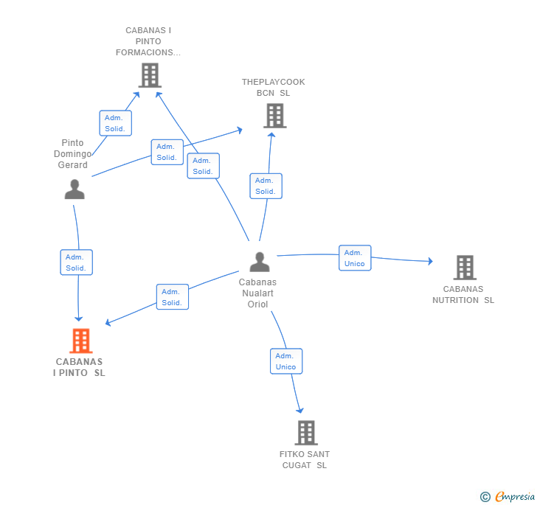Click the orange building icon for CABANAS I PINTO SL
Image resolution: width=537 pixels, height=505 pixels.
tap(81, 341)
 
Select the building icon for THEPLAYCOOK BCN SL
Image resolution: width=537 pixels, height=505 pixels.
tap(275, 116)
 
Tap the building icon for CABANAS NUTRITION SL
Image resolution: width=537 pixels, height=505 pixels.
tap(465, 268)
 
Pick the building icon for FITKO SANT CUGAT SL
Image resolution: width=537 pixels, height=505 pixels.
tap(306, 433)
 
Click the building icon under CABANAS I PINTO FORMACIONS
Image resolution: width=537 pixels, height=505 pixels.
tap(150, 75)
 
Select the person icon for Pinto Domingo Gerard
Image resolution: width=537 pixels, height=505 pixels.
tap(75, 189)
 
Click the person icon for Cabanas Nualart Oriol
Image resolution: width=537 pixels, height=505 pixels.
tap(260, 262)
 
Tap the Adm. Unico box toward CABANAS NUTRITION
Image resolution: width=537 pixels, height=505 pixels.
tap(355, 258)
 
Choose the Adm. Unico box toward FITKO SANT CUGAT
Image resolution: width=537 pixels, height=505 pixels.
tap(286, 361)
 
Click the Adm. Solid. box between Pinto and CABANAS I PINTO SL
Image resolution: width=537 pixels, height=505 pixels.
tap(77, 262)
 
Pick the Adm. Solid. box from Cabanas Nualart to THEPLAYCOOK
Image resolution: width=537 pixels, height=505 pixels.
tap(266, 186)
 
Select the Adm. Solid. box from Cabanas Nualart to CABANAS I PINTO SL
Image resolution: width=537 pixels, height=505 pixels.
tap(173, 297)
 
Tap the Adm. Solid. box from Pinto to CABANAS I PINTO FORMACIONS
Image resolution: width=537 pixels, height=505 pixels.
tap(115, 123)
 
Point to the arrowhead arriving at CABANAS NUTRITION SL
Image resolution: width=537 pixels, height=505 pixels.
tap(431, 261)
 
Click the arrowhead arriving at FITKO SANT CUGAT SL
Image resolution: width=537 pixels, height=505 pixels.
tap(300, 410)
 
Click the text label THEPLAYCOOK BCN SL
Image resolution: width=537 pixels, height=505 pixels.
tap(273, 87)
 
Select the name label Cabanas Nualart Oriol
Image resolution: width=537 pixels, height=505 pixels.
tap(257, 293)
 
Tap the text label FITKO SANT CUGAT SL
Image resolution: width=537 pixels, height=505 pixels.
tap(305, 459)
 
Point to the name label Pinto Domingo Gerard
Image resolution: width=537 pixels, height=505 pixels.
tap(72, 154)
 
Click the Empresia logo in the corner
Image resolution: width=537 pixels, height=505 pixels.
tap(507, 496)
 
